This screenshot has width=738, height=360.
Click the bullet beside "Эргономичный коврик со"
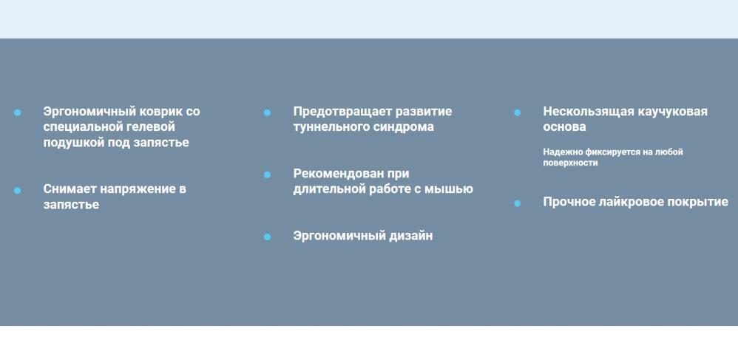(18, 112)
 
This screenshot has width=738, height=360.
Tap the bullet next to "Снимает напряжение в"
(18, 190)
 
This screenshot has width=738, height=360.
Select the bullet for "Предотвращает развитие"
(268, 112)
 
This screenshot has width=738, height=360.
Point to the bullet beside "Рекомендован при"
(268, 174)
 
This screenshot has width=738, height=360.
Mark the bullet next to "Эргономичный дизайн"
(268, 237)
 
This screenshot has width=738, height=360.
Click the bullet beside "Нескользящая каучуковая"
(517, 112)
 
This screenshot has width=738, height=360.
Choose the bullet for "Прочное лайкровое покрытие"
(517, 203)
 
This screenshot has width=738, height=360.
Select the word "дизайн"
(410, 236)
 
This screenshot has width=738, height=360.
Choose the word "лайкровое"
(635, 203)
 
